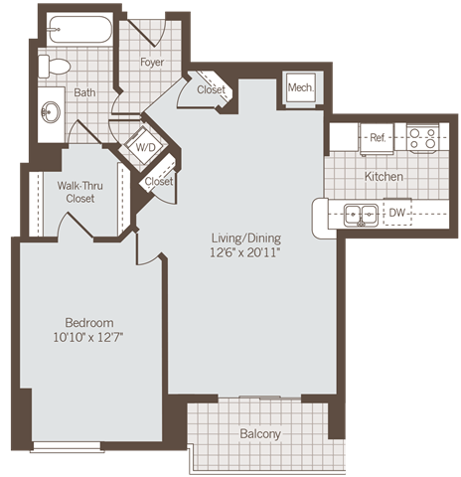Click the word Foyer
point(152,63)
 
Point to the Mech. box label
point(300,88)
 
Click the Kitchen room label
point(384,176)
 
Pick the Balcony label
point(260,434)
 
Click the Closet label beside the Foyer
point(211,90)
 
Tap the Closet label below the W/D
point(159,182)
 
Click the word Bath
point(84,93)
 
